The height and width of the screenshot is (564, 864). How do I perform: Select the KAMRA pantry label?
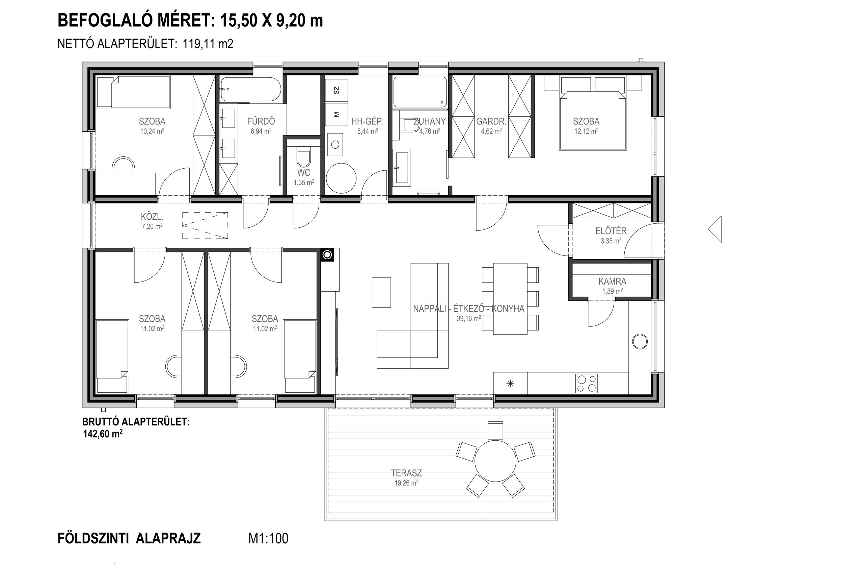tap(613, 281)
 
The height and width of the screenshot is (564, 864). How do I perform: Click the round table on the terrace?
tap(495, 461)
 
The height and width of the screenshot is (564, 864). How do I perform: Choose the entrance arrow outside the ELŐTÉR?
tap(715, 229)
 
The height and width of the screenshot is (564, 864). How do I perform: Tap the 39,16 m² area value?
tap(469, 318)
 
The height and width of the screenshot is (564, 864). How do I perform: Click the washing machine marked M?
tap(336, 114)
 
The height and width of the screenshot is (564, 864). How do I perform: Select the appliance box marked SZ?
tap(336, 90)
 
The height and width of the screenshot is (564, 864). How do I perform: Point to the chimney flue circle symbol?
tap(327, 255)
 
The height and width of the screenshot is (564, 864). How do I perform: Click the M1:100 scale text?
tap(268, 538)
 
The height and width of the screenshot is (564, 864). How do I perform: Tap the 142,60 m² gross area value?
tap(103, 434)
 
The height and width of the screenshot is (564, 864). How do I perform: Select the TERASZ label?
tap(406, 473)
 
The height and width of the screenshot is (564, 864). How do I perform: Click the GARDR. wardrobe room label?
tap(491, 121)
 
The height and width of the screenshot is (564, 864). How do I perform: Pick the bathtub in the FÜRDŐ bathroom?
tap(250, 89)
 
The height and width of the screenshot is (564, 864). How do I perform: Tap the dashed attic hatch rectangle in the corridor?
tap(205, 226)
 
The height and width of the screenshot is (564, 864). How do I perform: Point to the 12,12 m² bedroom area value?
tap(586, 131)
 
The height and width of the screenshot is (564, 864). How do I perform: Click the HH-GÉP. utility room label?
tap(368, 121)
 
